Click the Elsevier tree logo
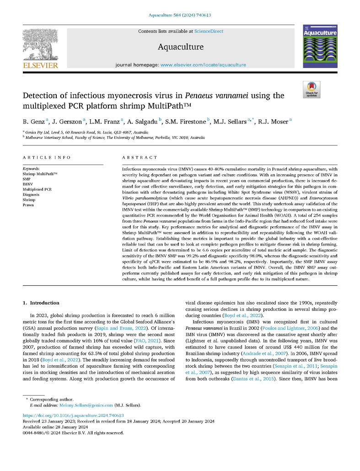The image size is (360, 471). (42, 44)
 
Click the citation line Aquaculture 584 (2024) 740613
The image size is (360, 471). (180, 15)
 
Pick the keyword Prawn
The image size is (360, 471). (28, 205)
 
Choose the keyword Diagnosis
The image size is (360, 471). (31, 194)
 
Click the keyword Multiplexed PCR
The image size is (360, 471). (37, 189)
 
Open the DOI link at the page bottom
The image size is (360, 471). (73, 415)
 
